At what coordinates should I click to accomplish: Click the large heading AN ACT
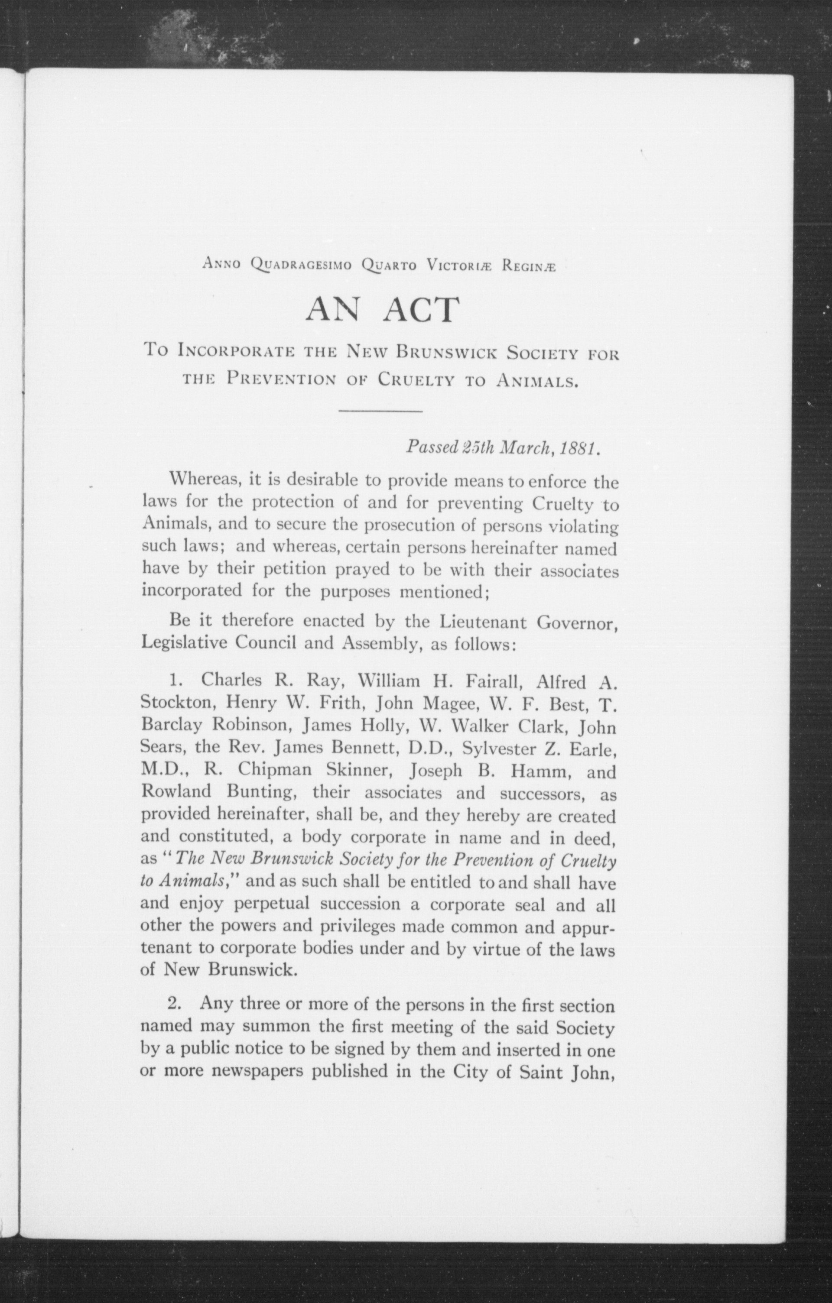(382, 310)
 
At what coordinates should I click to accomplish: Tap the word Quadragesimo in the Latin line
(302, 266)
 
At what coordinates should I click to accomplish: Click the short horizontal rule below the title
(380, 412)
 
